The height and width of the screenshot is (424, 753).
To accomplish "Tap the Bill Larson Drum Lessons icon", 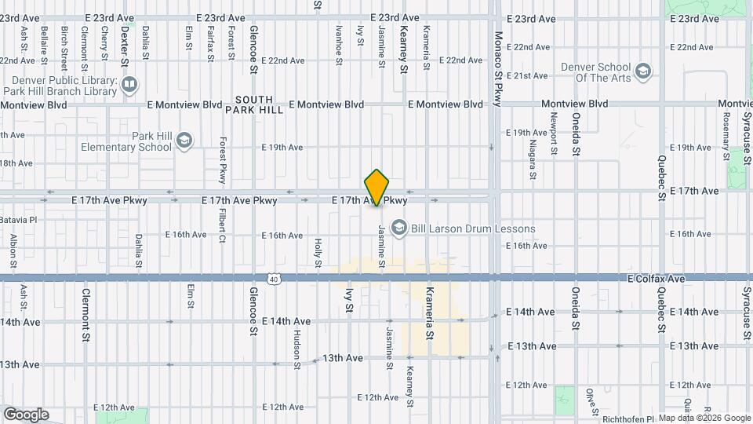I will coord(398,228).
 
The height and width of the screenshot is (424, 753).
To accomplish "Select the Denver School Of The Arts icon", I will coord(643,72).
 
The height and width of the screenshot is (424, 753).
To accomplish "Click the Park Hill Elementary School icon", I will coord(184,141).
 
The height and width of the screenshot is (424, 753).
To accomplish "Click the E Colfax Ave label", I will coord(657,279).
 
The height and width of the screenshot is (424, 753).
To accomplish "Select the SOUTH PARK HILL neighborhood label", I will coord(254,104).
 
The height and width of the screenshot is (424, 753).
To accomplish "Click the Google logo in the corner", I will coord(26,414).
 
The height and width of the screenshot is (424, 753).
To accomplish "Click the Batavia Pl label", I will coord(17,220).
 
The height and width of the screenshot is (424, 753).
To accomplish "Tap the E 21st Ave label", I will coord(527,76).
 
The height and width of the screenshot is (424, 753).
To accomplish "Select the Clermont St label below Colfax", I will coord(85,313).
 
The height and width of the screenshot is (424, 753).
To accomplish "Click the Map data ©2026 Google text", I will coord(704,418).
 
